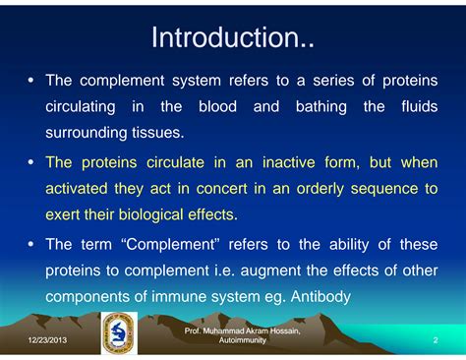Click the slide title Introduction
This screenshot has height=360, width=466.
(x=232, y=38)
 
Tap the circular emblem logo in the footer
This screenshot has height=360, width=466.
(x=120, y=333)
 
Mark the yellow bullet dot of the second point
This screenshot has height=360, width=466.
(x=30, y=162)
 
